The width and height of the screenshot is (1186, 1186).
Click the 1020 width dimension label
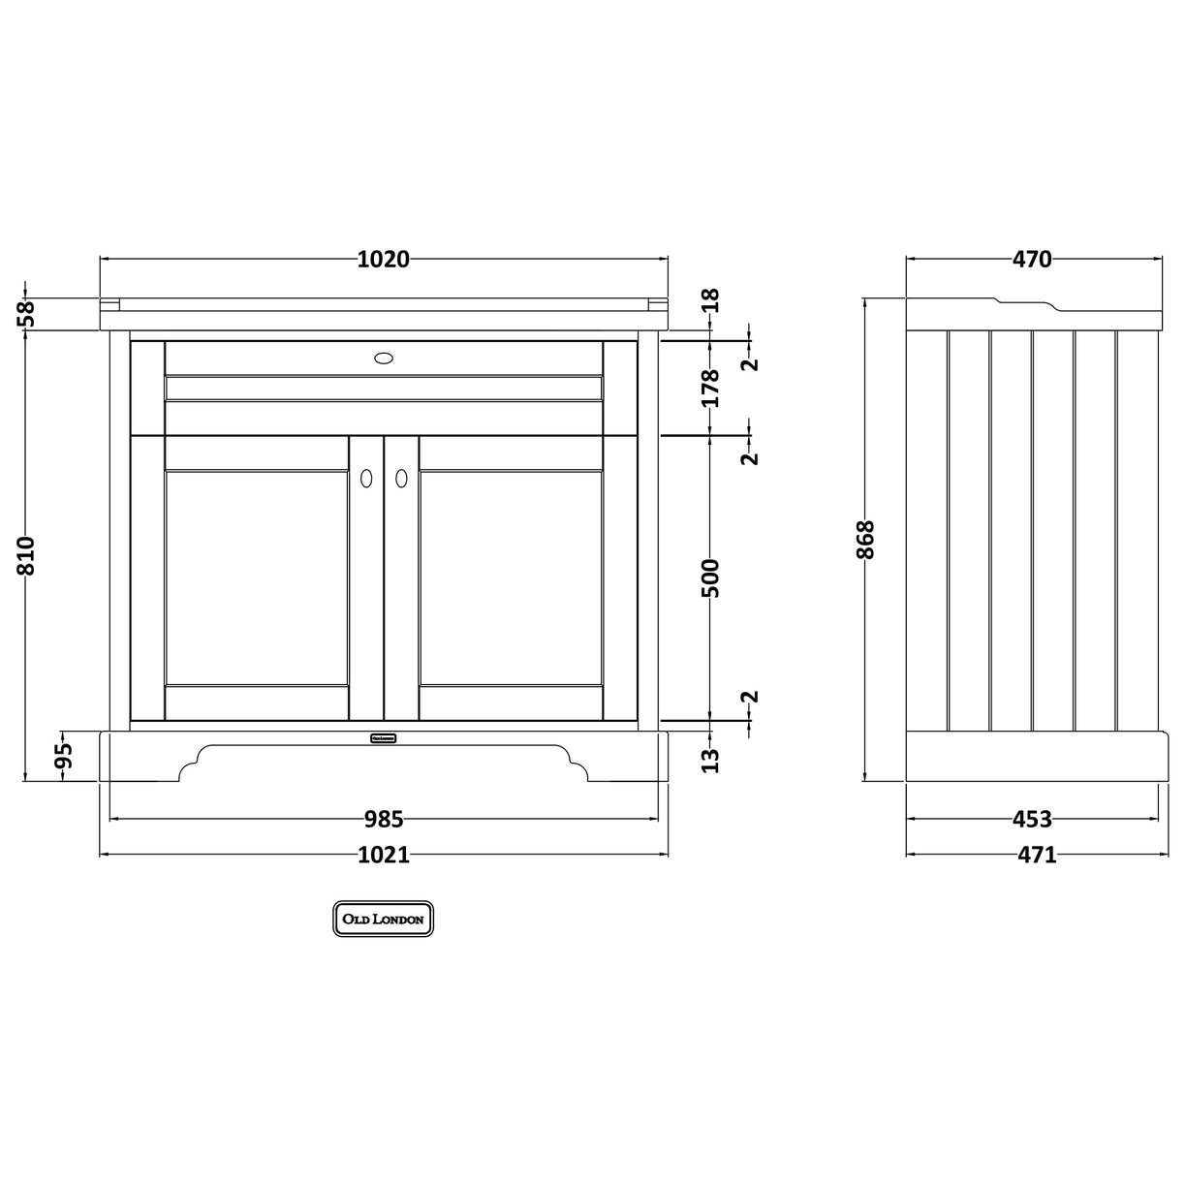[x=384, y=259]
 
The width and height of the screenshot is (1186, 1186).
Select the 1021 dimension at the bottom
[x=384, y=855]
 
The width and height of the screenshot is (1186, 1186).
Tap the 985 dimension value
[x=384, y=820]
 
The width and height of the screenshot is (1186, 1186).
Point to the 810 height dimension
[x=26, y=555]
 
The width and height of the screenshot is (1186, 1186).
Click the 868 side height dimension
[x=865, y=540]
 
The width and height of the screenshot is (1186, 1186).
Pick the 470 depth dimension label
[x=1032, y=259]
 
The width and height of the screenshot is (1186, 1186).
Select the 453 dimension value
[x=1032, y=820]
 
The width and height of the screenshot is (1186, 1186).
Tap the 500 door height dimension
[x=712, y=577]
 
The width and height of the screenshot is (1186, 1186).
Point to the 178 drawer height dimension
[x=712, y=388]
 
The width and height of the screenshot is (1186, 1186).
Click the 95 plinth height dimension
[x=64, y=755]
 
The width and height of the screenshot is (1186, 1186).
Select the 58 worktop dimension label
[x=26, y=312]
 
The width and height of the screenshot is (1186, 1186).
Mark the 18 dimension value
[x=712, y=299]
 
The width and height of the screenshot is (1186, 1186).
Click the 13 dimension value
[x=712, y=760]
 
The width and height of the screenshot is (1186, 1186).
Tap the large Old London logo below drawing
[x=384, y=919]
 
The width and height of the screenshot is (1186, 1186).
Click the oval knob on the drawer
[x=384, y=358]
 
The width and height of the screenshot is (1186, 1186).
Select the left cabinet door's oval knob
[x=366, y=477]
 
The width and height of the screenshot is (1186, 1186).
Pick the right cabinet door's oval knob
[x=400, y=477]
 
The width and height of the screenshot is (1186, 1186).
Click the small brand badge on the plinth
[x=384, y=737]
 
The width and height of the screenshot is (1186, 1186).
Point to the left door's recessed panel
[x=257, y=577]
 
